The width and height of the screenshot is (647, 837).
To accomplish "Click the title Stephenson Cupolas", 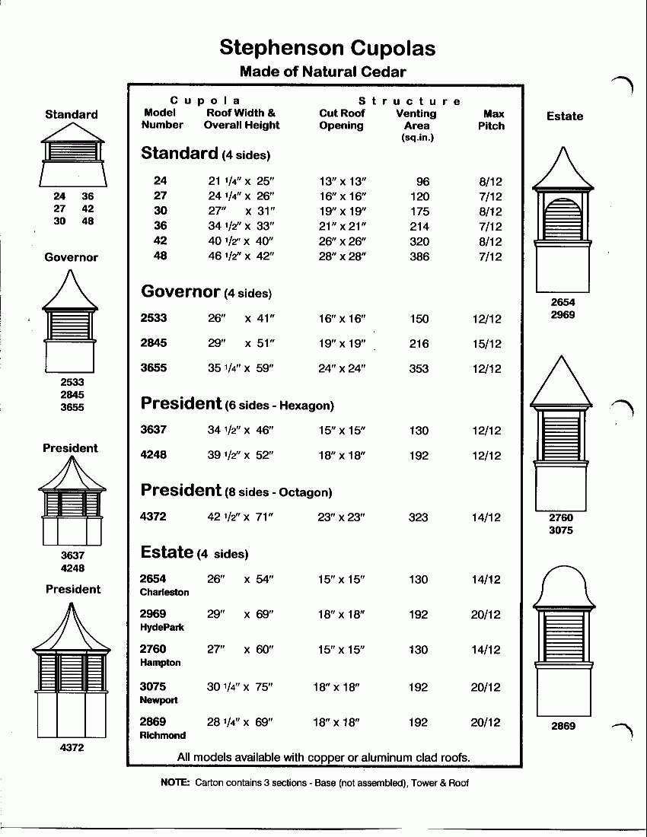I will [x=327, y=48].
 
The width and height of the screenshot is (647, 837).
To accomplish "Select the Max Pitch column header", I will [x=492, y=119].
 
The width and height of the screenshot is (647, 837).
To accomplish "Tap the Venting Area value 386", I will [x=419, y=256].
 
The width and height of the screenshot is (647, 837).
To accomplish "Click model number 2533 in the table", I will [x=154, y=318].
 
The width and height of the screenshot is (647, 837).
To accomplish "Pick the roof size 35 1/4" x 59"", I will [x=240, y=368].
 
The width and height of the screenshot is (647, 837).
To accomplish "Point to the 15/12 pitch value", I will [x=486, y=344].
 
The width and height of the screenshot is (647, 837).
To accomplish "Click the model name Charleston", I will [x=164, y=592].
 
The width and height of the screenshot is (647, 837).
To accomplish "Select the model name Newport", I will [x=158, y=700].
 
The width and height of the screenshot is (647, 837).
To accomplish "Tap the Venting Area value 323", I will [x=419, y=517].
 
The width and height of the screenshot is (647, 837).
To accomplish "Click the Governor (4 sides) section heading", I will [x=206, y=291].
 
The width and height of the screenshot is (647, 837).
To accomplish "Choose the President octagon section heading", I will [x=237, y=491].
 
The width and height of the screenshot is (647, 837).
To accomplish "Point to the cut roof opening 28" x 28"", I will [x=343, y=256].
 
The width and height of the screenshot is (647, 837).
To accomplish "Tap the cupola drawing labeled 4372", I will [x=72, y=670].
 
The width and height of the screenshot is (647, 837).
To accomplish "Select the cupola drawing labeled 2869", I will [x=563, y=639].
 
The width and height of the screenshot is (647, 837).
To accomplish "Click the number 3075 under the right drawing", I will [x=561, y=530].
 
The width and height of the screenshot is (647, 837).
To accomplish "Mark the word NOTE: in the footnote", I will [x=175, y=782].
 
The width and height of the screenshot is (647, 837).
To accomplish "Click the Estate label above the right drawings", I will [x=565, y=116].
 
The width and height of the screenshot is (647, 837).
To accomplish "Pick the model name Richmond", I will [x=163, y=735].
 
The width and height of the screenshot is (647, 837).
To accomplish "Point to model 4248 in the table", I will [x=154, y=455].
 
